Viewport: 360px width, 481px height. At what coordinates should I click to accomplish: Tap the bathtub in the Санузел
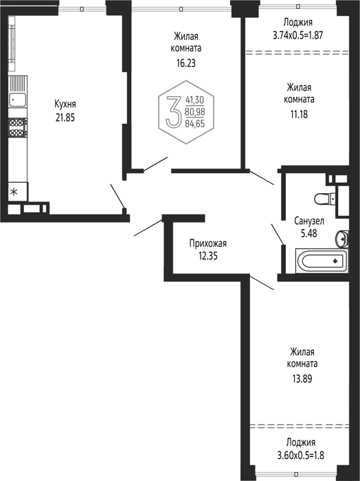tap(322, 260)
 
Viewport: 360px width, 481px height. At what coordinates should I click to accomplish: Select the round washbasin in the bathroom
tap(342, 238)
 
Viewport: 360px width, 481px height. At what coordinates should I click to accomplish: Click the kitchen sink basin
tap(18, 100)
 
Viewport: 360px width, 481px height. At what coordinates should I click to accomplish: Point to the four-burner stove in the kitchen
tap(17, 128)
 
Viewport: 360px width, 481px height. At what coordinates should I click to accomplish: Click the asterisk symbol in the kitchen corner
tap(14, 192)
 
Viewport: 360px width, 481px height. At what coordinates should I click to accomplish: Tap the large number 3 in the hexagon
tap(174, 111)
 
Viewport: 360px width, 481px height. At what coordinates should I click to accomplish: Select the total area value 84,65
tap(194, 123)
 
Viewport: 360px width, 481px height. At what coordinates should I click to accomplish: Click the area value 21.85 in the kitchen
tap(65, 118)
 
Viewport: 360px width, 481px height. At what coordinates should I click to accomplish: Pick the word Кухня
tap(65, 104)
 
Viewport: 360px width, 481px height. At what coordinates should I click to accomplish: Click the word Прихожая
tap(208, 243)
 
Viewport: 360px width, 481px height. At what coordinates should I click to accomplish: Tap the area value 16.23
tap(185, 63)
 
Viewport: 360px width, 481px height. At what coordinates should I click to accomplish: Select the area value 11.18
tap(299, 115)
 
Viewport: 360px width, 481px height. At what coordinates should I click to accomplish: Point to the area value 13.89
tap(302, 379)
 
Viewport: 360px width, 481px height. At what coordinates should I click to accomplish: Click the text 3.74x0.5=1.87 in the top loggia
tap(297, 35)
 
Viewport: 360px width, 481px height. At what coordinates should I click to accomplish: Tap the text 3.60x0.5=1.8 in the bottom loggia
tap(300, 456)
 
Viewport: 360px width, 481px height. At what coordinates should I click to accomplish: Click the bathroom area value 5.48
tap(308, 234)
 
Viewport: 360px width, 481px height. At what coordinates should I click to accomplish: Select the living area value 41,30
tap(194, 100)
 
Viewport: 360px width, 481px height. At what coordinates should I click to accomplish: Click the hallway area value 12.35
tap(208, 256)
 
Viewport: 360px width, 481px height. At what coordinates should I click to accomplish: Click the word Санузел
tap(309, 221)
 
